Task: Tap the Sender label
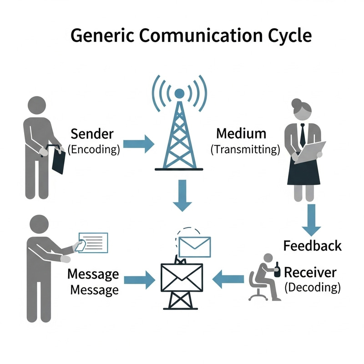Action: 92,134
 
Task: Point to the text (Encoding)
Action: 93,149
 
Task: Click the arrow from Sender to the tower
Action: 139,142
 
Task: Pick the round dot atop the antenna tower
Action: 179,94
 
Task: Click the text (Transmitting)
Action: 245,149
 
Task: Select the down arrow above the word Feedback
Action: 311,219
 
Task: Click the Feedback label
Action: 312,246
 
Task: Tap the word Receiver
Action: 310,273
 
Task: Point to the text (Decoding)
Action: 312,287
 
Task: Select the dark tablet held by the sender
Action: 58,160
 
